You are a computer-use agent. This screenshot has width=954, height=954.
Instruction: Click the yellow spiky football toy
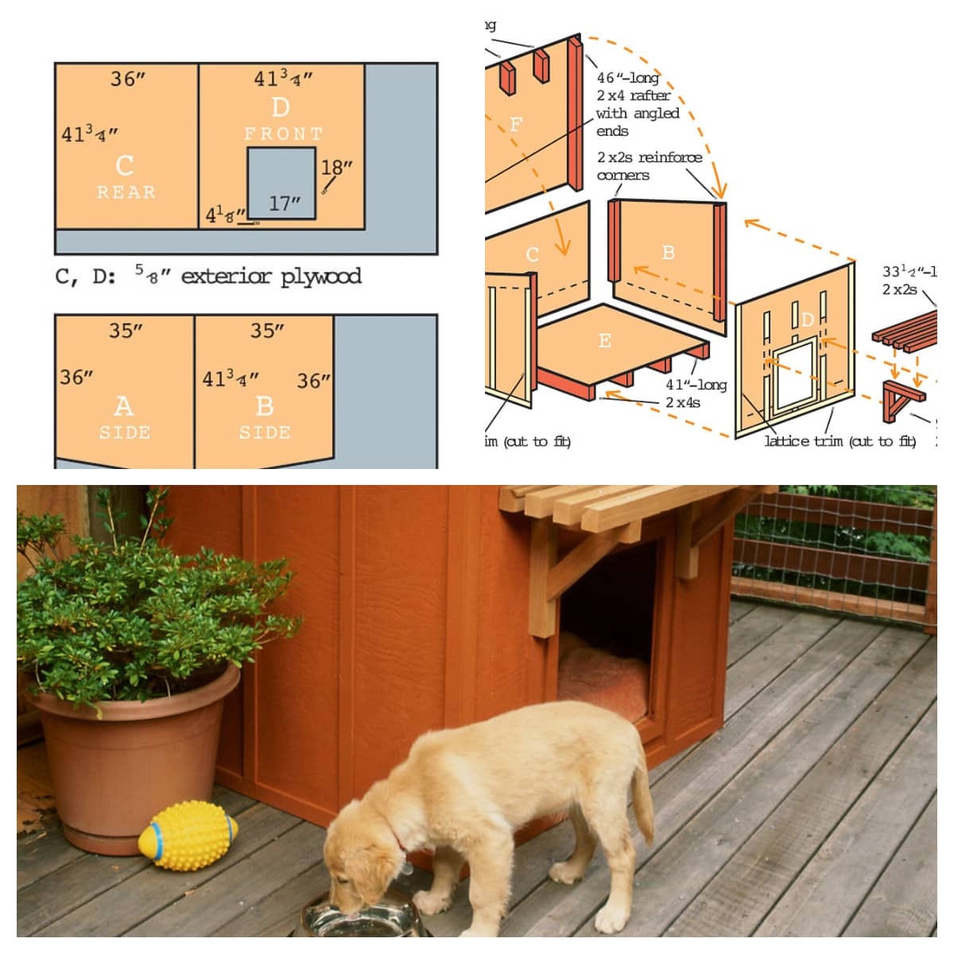point(188,836)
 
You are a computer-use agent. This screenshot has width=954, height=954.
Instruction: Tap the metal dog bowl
point(358,922)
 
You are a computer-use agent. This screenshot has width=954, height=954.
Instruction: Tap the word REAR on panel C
point(126,192)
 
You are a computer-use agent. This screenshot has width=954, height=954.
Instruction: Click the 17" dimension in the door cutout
point(284,204)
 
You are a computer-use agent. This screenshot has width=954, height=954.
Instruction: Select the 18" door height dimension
point(336,169)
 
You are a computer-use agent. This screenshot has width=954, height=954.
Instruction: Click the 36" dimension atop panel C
point(128,79)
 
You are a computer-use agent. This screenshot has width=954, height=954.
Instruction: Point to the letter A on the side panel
point(123,406)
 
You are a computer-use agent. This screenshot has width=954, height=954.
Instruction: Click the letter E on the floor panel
point(604,340)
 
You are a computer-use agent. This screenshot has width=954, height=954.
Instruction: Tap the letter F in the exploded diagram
point(516,124)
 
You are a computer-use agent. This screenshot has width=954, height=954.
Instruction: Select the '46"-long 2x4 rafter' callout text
point(638,104)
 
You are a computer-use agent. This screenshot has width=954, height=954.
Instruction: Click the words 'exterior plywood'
point(271,277)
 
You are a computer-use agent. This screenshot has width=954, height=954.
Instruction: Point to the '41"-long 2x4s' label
point(696,393)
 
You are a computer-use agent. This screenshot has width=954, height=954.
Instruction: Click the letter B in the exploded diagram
point(668,252)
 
